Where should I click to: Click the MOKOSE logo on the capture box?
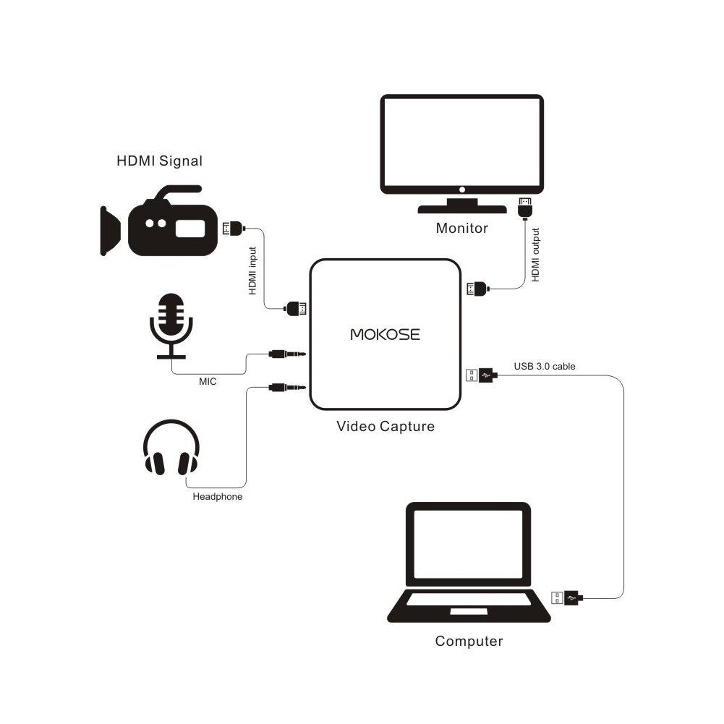coord(385,334)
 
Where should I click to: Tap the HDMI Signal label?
coord(159,161)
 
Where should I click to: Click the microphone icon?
coord(171,325)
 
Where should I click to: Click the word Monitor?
coord(461,229)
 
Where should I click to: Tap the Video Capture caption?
coord(386,426)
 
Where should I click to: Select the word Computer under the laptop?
coord(469,641)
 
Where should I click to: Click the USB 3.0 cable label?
coord(545,366)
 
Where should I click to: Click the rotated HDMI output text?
coord(535,255)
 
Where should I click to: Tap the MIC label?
coord(208,381)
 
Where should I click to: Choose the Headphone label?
coord(217,497)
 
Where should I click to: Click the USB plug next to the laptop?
coord(566,598)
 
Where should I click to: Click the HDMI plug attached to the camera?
coord(233,229)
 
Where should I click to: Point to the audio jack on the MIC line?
coord(286,354)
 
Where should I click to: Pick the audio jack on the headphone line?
coord(286,388)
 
